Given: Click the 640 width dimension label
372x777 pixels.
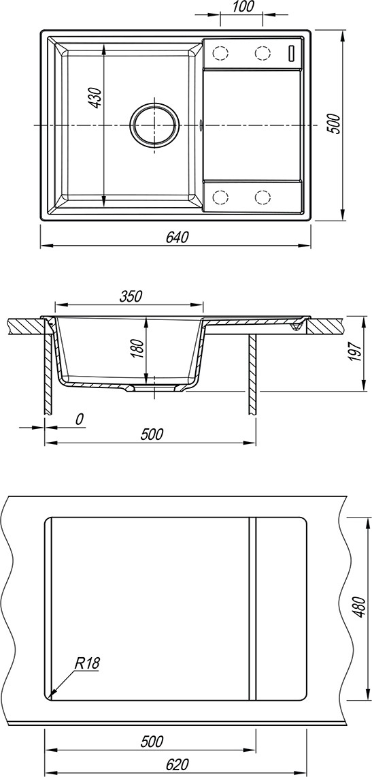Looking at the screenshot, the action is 177,238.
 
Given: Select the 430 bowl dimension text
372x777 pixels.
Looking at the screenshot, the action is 95,97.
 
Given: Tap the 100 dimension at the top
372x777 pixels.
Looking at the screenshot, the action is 242,6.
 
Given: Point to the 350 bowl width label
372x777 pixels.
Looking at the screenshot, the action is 131,296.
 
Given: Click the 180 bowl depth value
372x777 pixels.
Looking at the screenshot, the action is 138,349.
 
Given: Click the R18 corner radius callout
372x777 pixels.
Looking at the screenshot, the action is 88,663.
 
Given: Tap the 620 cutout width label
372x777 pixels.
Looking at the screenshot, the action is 177,765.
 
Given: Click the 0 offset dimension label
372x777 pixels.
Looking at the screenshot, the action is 79,419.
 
